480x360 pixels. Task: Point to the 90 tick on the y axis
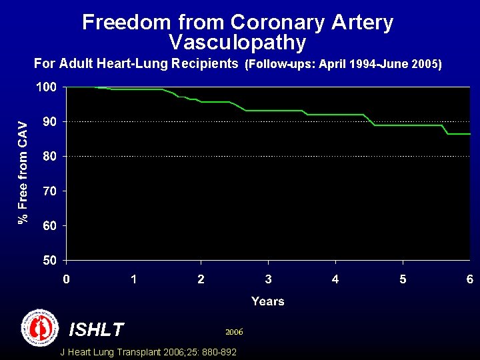click(49, 122)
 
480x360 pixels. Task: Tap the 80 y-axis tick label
click(49, 157)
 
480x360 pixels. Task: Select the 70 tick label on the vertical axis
click(49, 191)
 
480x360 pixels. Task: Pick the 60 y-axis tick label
click(49, 226)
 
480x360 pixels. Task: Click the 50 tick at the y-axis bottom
click(49, 260)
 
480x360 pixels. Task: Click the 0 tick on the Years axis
click(65, 279)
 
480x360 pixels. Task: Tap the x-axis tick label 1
click(133, 279)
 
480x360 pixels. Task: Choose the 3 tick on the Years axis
click(268, 279)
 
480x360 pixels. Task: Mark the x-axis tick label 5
click(403, 279)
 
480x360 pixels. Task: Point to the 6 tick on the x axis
click(470, 279)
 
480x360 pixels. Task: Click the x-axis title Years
click(268, 301)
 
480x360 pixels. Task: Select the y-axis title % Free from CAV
click(23, 172)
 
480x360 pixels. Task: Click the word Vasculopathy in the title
click(237, 43)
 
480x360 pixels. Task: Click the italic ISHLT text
click(97, 329)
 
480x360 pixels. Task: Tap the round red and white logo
click(41, 327)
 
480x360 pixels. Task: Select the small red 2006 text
click(234, 331)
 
